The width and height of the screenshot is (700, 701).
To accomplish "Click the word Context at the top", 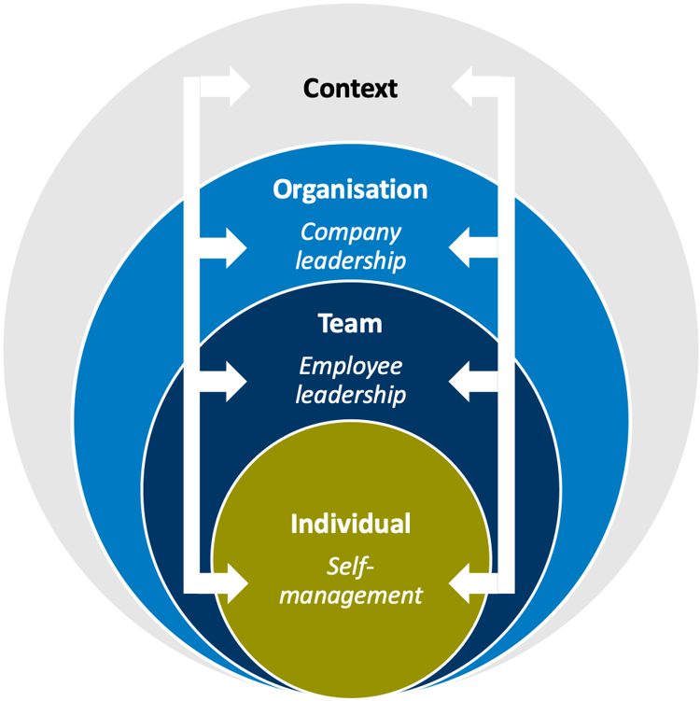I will click(350, 89).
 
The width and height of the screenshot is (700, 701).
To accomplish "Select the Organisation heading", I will click(350, 189).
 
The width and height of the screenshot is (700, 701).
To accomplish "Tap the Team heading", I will click(350, 324).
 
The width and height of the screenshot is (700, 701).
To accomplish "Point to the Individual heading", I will click(350, 524).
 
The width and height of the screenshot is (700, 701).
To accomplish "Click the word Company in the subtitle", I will click(350, 232).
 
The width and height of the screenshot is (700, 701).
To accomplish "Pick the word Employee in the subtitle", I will click(350, 367).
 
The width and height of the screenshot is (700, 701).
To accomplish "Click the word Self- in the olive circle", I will click(350, 566).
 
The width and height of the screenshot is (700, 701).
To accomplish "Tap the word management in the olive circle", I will click(350, 594).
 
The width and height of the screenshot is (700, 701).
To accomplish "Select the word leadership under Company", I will click(350, 259).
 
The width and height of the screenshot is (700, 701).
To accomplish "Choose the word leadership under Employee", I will click(350, 394).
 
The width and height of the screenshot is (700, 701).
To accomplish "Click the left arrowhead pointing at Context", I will click(233, 87).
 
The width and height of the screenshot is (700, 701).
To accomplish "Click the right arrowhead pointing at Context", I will click(467, 87).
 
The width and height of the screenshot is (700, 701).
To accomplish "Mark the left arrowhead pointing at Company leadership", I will click(232, 248).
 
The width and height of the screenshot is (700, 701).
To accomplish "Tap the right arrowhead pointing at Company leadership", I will click(466, 248).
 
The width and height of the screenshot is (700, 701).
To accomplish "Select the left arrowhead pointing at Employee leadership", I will click(232, 381).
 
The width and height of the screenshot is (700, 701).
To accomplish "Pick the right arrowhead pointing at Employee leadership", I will click(466, 381).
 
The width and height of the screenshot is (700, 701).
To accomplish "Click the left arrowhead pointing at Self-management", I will click(232, 585).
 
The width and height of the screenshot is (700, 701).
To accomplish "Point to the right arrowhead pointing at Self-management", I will click(466, 585).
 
